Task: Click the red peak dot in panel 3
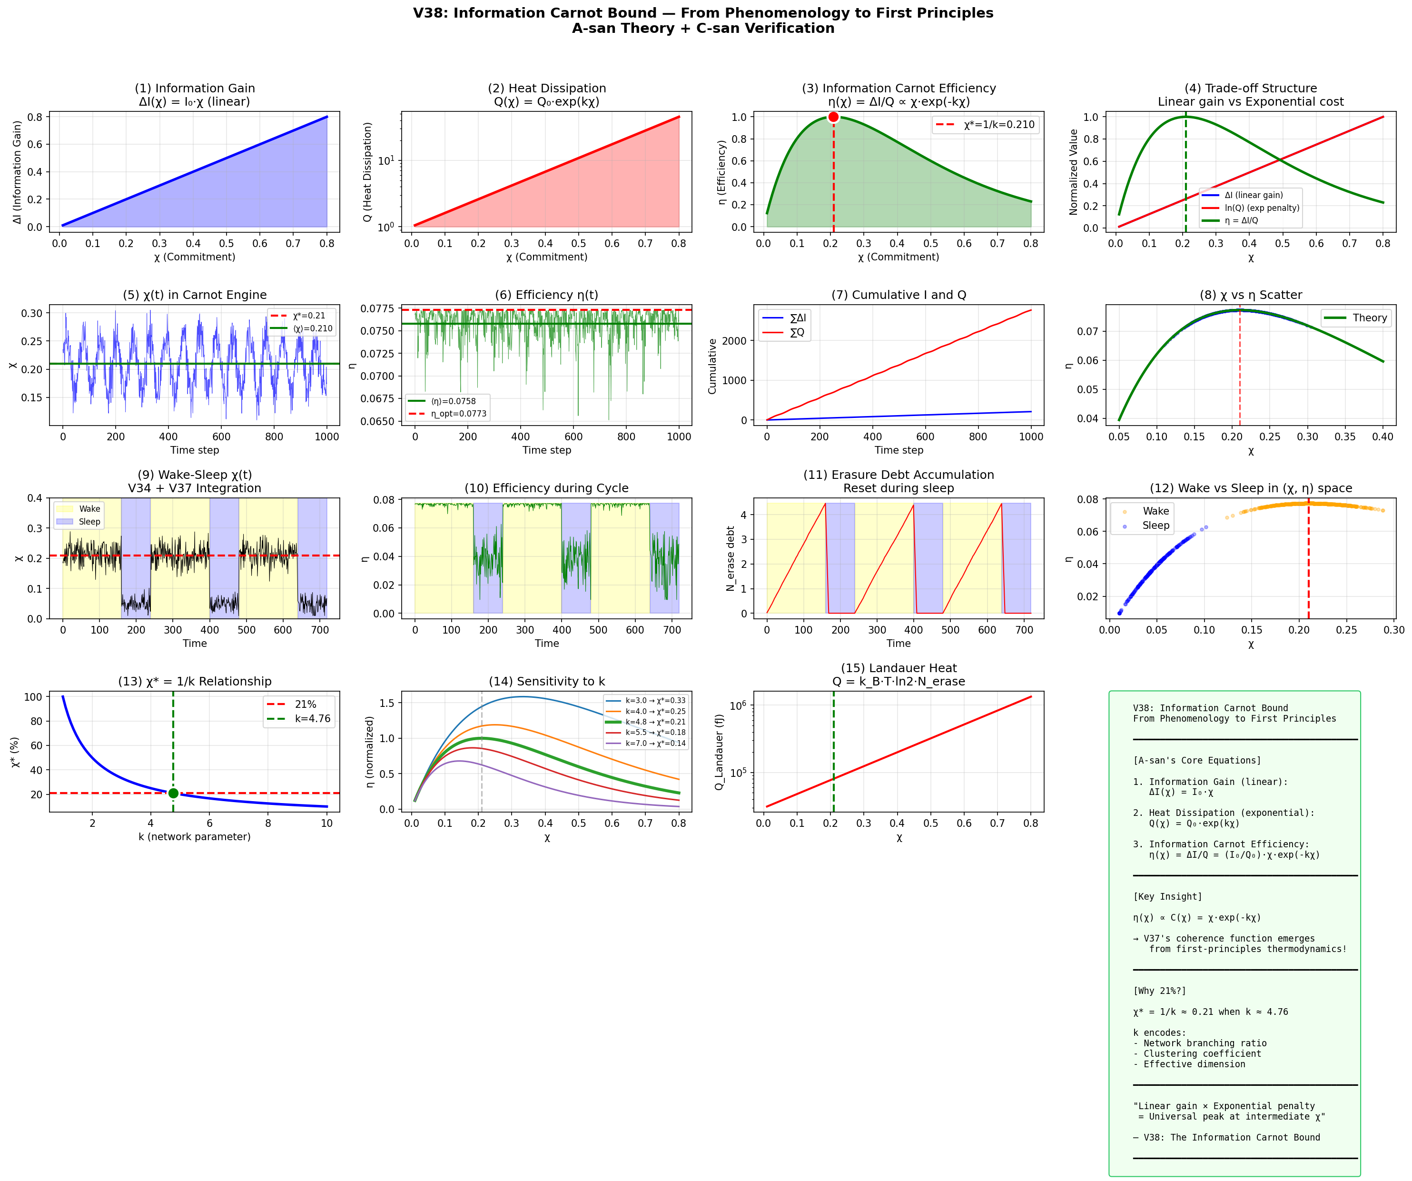pyautogui.click(x=833, y=117)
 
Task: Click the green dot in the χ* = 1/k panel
pyautogui.click(x=174, y=793)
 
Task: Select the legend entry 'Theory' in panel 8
pyautogui.click(x=1370, y=318)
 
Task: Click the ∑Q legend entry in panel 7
pyautogui.click(x=797, y=332)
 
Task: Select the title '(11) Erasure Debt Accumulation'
pyautogui.click(x=899, y=475)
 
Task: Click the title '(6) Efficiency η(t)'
pyautogui.click(x=547, y=295)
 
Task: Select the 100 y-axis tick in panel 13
pyautogui.click(x=33, y=697)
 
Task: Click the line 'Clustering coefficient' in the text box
pyautogui.click(x=1197, y=1054)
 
